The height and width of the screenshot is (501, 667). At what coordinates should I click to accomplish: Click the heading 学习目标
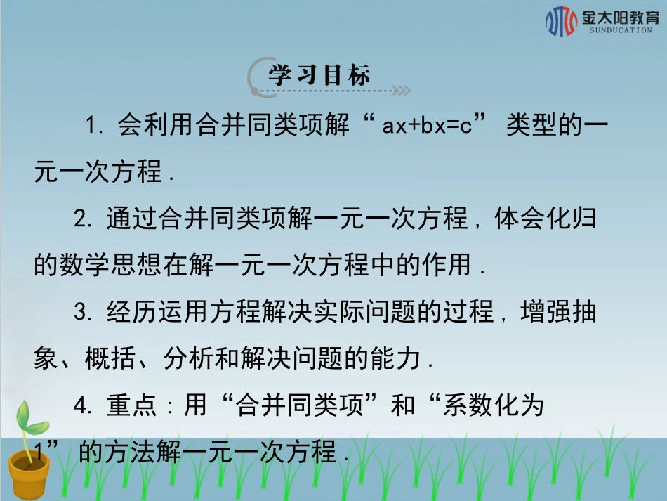click(319, 75)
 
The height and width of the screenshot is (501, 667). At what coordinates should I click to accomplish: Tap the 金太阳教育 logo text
click(616, 17)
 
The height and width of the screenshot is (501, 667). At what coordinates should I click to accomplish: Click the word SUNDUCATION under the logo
click(616, 31)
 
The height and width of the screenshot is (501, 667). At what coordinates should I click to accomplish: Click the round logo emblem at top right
click(562, 22)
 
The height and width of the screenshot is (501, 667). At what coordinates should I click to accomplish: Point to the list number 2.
click(84, 220)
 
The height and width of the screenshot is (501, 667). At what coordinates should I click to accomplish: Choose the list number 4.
click(84, 407)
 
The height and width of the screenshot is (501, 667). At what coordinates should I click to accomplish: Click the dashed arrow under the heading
click(337, 91)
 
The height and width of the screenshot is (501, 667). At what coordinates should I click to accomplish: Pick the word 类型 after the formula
click(531, 126)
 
